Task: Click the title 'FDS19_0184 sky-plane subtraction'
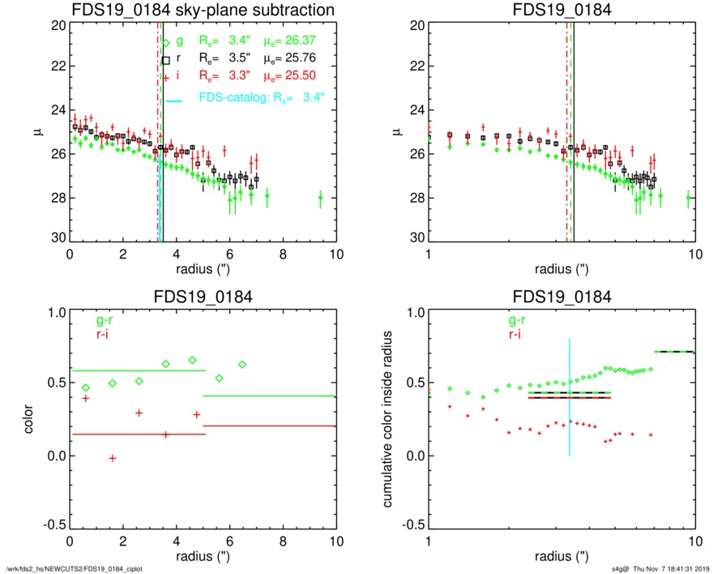(x=203, y=10)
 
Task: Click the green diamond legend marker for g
(x=166, y=43)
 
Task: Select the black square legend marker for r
(x=166, y=60)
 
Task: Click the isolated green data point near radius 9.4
(x=320, y=197)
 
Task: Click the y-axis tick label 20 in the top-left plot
(x=58, y=26)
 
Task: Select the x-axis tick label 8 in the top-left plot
(x=283, y=254)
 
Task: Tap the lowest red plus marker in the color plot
(x=113, y=459)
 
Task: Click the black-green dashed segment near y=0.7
(x=674, y=351)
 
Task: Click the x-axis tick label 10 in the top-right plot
(x=694, y=254)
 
